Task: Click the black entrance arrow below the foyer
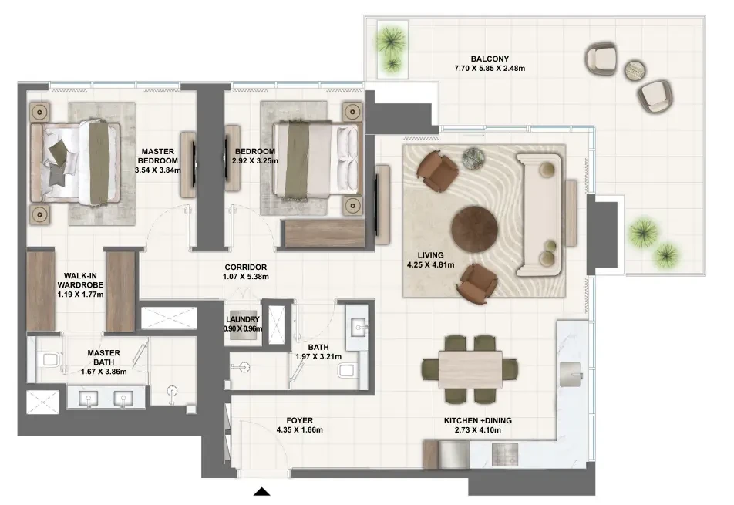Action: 261,491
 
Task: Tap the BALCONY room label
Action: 490,59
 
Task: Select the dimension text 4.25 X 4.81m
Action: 431,264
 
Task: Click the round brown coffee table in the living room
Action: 474,229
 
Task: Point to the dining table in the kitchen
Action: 470,369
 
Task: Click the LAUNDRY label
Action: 242,319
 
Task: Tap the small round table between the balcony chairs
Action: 635,70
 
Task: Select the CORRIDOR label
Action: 246,268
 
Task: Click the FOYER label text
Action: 300,421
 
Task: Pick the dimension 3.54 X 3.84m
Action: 158,170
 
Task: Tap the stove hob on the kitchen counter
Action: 504,454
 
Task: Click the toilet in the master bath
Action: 49,360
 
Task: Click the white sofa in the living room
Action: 539,215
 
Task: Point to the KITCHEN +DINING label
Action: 478,421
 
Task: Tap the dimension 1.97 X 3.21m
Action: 318,357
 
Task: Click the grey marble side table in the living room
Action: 473,159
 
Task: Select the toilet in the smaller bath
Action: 347,371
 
